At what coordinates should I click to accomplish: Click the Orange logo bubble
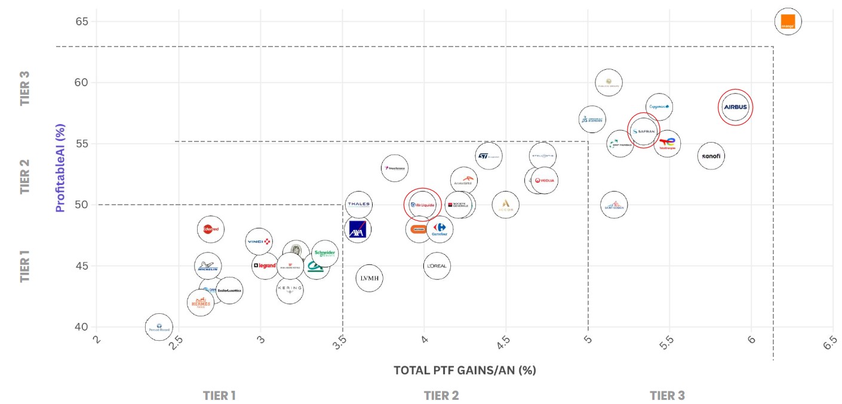(788, 22)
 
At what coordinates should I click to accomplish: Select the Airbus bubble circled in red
(735, 107)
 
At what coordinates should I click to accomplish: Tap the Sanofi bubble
(711, 156)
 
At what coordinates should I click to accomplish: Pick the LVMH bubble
(369, 278)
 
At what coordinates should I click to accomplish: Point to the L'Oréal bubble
(437, 266)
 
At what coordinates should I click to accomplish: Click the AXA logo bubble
(358, 230)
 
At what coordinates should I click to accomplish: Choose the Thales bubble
(359, 205)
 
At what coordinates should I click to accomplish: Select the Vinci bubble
(259, 242)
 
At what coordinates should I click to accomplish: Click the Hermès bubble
(201, 303)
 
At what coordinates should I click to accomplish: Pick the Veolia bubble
(545, 180)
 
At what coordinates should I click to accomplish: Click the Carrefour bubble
(440, 229)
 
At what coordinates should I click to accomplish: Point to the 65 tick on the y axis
(82, 22)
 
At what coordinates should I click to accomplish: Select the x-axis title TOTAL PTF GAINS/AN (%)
(465, 371)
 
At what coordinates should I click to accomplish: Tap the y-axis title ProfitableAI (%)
(60, 168)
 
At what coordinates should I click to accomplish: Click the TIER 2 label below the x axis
(441, 396)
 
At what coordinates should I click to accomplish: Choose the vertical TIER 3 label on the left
(25, 88)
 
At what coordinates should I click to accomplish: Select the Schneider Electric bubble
(325, 254)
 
